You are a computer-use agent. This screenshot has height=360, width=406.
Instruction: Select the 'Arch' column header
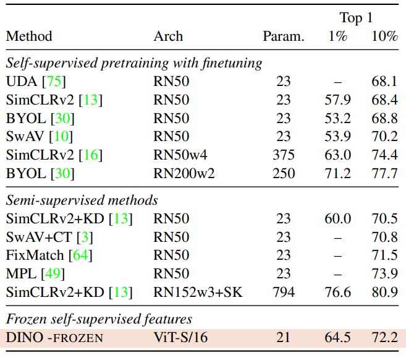tap(168, 36)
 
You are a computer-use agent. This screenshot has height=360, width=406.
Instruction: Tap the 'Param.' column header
tap(284, 36)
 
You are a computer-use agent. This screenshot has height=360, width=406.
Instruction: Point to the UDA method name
tap(22, 82)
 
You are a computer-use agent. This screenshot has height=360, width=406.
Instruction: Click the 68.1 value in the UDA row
tap(384, 82)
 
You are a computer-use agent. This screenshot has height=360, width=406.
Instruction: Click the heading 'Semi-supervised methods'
tap(82, 200)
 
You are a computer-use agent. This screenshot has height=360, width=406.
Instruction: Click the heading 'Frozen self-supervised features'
tap(99, 320)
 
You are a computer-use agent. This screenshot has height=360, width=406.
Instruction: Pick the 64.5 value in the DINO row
tap(338, 338)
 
